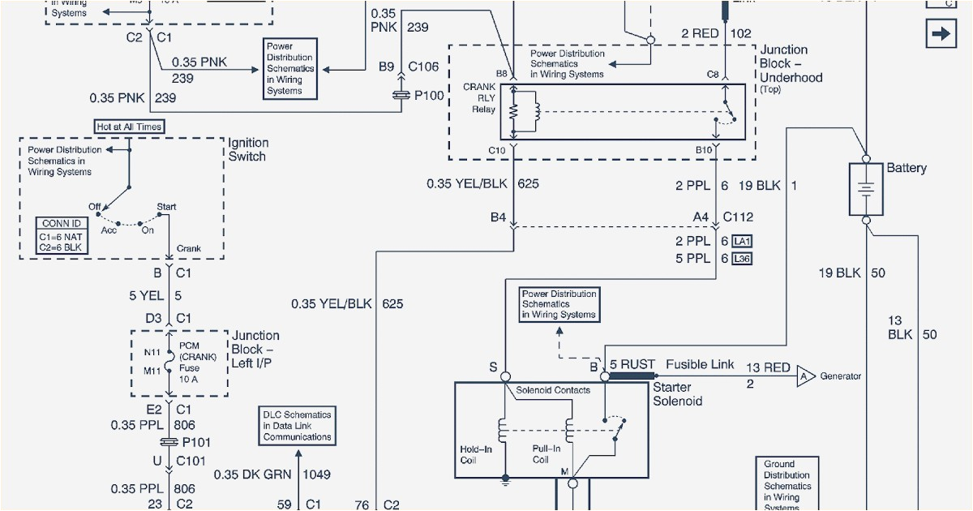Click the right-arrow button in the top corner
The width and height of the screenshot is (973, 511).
941,34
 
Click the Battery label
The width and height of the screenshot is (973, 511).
906,168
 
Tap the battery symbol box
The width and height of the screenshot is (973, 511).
866,189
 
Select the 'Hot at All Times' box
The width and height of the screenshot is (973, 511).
128,127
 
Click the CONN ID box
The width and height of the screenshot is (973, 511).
62,235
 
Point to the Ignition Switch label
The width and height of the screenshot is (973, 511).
247,149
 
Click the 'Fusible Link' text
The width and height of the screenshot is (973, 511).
699,364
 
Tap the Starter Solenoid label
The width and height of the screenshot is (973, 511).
677,394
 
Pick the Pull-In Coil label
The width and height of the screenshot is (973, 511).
546,453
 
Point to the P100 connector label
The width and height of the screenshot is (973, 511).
429,96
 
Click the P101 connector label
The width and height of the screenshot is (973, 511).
197,442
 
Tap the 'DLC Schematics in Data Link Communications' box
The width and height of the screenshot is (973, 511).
297,426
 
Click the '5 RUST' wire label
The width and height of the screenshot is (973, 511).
632,364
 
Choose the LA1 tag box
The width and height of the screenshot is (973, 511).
742,241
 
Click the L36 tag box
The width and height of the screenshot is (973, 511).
742,259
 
